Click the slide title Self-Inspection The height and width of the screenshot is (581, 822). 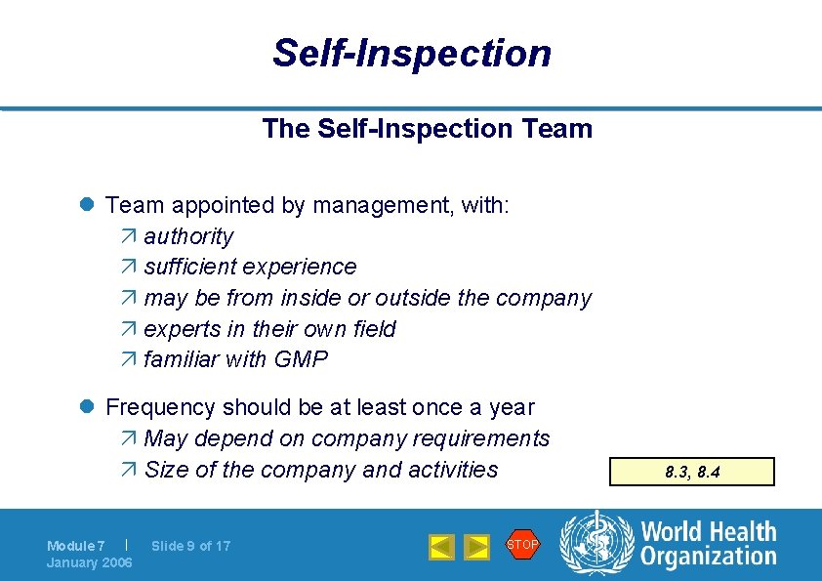tap(411, 53)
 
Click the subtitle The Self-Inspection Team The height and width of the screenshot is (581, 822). tap(427, 129)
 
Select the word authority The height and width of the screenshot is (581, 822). tap(188, 236)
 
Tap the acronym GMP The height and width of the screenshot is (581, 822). tap(302, 359)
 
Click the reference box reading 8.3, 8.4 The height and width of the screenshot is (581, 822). tap(691, 473)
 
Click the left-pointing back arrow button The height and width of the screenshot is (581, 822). tap(442, 547)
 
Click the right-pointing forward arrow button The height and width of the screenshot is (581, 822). tap(475, 547)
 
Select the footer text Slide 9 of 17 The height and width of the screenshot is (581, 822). tap(190, 546)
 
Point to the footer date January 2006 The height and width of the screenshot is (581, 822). tap(89, 562)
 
